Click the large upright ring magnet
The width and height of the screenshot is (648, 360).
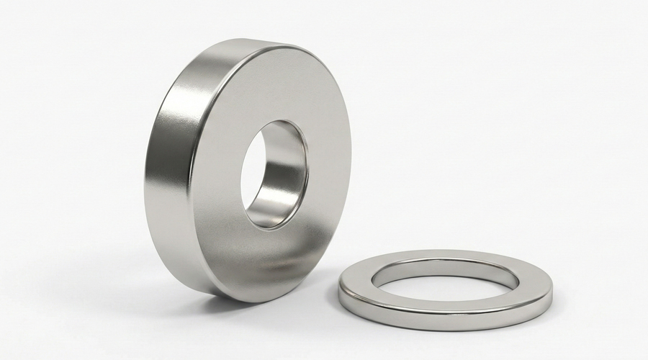[216, 173]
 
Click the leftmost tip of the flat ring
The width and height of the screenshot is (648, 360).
[339, 288]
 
